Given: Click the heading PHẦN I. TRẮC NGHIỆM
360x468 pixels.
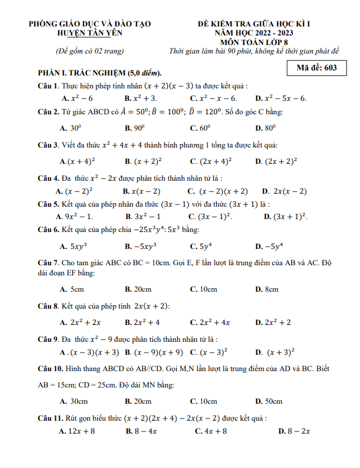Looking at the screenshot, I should point(99,73).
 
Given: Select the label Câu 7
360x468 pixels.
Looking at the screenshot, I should point(48,263).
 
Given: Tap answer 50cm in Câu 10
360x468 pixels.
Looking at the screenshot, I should point(273,401).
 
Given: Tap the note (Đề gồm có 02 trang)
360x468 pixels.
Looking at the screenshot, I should point(90,51).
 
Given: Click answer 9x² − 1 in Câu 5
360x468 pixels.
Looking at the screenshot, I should point(78,216).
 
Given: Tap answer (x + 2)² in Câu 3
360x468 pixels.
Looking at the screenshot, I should point(148,161).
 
